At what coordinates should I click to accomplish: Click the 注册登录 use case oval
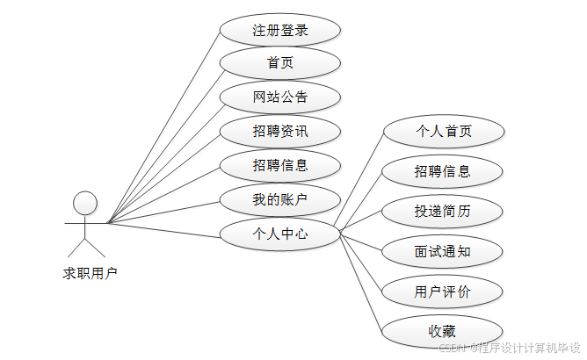tap(280, 30)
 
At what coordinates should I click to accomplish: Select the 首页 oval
tap(280, 63)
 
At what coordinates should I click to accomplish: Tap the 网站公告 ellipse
tap(280, 97)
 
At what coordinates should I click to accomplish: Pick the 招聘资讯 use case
tap(280, 132)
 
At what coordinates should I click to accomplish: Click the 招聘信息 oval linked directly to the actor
tap(280, 165)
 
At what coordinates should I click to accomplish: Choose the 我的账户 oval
tap(280, 200)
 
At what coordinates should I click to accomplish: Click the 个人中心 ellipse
tap(280, 234)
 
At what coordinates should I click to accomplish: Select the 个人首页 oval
tap(444, 132)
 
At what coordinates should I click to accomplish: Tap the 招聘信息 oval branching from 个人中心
tap(444, 171)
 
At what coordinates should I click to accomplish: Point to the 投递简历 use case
tap(444, 212)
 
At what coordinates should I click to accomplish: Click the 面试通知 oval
tap(444, 252)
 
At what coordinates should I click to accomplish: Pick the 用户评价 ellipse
tap(444, 292)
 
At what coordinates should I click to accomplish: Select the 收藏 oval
tap(444, 331)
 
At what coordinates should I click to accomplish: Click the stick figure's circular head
tap(85, 203)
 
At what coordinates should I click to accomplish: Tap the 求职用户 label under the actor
tap(90, 273)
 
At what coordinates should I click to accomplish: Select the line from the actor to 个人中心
tap(163, 230)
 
